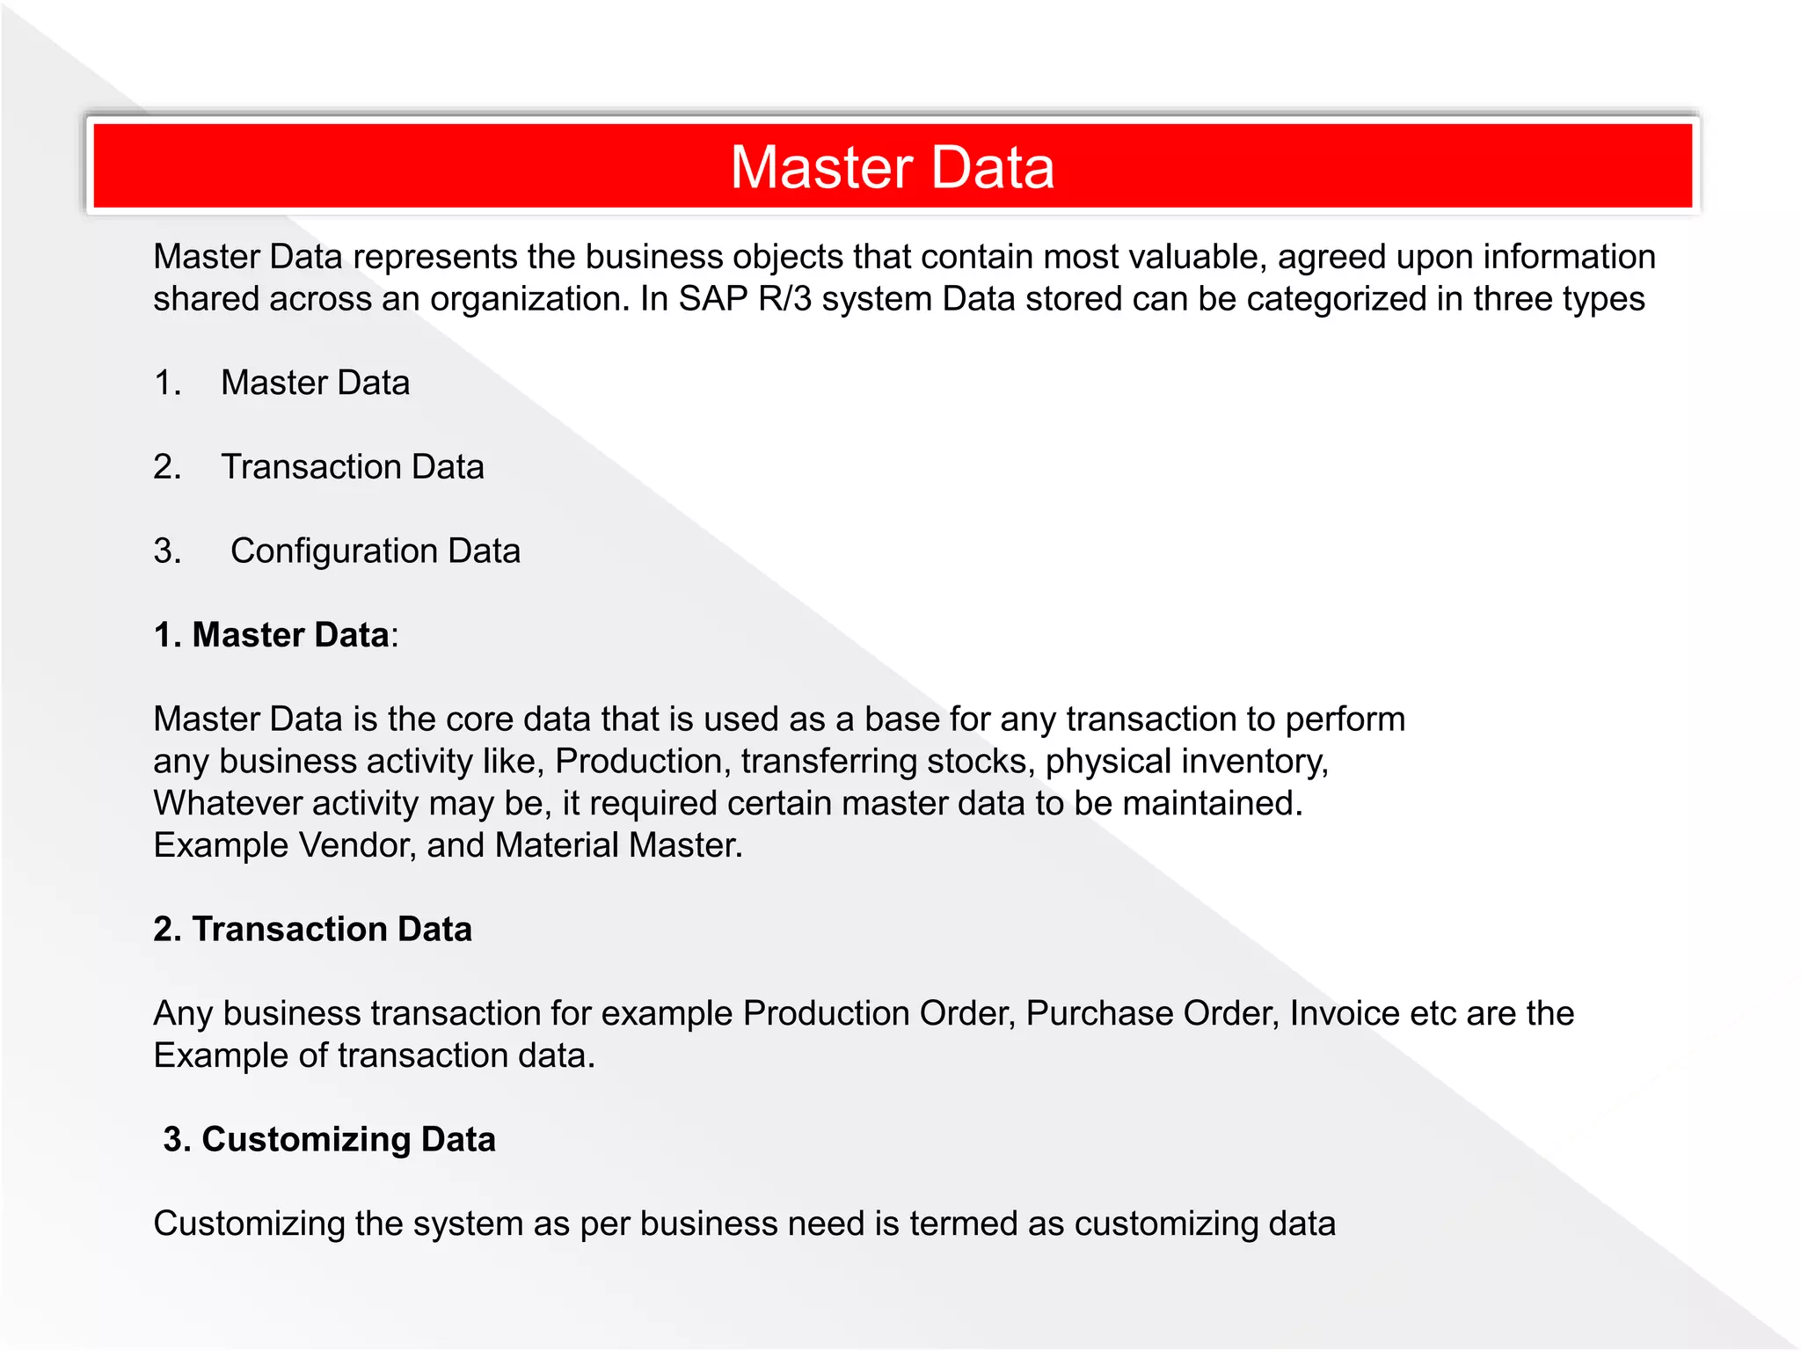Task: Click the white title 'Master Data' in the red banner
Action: point(892,167)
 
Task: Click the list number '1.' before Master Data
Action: point(167,383)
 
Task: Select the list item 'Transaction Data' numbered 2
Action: point(352,467)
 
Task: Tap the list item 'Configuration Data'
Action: point(375,551)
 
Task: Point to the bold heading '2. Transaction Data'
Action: point(312,930)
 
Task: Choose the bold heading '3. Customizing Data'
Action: point(329,1140)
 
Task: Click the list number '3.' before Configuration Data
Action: point(167,551)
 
